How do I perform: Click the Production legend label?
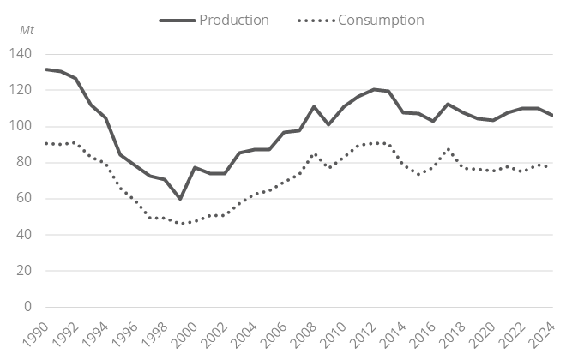coord(233,20)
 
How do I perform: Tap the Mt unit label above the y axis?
coord(27,30)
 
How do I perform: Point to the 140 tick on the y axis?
coord(21,54)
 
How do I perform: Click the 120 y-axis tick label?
coord(21,90)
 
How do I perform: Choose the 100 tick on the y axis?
coord(21,126)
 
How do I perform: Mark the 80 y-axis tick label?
coord(24,162)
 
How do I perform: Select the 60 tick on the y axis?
coord(24,198)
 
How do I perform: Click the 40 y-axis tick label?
coord(24,234)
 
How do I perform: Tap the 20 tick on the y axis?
coord(24,271)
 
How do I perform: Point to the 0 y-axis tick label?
coord(27,307)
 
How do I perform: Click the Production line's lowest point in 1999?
coord(180,199)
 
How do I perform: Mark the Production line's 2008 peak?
coord(315,106)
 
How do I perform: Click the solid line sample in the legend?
coord(177,20)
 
